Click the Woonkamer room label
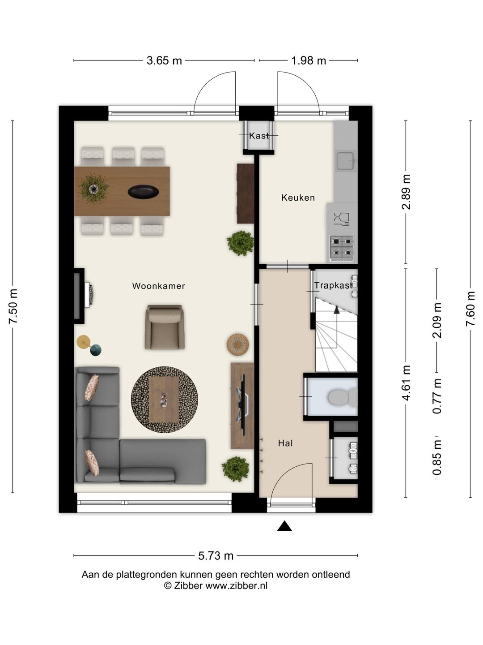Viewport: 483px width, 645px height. tap(158, 286)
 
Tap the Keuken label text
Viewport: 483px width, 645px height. tap(298, 198)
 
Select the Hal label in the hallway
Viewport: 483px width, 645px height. tap(285, 443)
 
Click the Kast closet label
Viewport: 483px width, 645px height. tap(259, 135)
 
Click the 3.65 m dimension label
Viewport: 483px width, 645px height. tap(164, 60)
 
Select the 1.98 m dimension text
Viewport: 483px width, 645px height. tap(309, 60)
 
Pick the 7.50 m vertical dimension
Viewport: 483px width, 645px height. tap(13, 306)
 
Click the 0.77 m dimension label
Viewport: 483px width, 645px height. tap(437, 396)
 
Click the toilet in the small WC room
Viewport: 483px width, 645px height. tap(343, 397)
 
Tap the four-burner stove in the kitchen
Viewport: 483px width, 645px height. tap(342, 248)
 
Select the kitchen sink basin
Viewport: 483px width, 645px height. tap(345, 160)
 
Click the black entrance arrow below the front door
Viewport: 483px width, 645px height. tap(284, 526)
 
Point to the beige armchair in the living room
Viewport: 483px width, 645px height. tap(165, 327)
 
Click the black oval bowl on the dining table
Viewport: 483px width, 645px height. tap(144, 192)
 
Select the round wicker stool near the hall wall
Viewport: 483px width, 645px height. tap(237, 345)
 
